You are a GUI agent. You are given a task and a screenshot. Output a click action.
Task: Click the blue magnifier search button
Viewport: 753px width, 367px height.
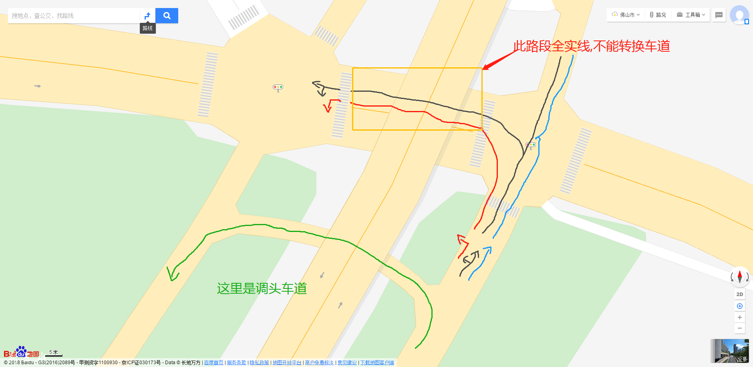point(167,16)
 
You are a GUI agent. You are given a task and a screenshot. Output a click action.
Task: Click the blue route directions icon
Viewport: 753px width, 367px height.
point(147,16)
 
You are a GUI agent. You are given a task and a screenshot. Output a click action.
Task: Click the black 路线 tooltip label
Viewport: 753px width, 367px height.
point(147,28)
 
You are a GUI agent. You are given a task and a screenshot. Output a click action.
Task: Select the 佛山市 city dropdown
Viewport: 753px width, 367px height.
point(626,15)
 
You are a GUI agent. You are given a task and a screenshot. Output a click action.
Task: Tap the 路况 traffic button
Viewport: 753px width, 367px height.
point(658,15)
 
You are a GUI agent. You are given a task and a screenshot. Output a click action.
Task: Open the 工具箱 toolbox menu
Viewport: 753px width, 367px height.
point(691,15)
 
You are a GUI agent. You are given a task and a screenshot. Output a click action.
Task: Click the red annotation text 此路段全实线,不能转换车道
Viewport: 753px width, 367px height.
point(592,46)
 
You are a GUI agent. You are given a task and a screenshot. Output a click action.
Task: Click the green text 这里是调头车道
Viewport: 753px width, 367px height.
point(262,288)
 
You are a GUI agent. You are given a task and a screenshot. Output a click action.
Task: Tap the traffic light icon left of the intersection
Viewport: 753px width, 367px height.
point(278,87)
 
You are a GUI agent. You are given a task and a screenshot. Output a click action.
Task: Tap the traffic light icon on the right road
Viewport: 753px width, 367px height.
point(531,145)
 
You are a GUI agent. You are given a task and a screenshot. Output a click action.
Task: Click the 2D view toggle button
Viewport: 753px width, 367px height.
point(739,294)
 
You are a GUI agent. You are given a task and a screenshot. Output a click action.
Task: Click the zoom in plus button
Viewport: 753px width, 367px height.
point(739,317)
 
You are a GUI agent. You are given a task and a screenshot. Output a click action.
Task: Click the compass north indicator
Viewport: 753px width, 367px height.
point(739,276)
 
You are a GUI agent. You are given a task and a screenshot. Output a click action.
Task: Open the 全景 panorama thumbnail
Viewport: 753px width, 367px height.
point(729,351)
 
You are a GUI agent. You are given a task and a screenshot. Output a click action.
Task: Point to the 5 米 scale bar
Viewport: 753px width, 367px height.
point(54,353)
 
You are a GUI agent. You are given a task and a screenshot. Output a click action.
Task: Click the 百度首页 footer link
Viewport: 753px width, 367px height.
point(213,363)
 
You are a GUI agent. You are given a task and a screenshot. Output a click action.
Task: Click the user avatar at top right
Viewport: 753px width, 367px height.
point(739,15)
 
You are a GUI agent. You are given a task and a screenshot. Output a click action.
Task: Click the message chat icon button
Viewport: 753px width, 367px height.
point(719,15)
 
